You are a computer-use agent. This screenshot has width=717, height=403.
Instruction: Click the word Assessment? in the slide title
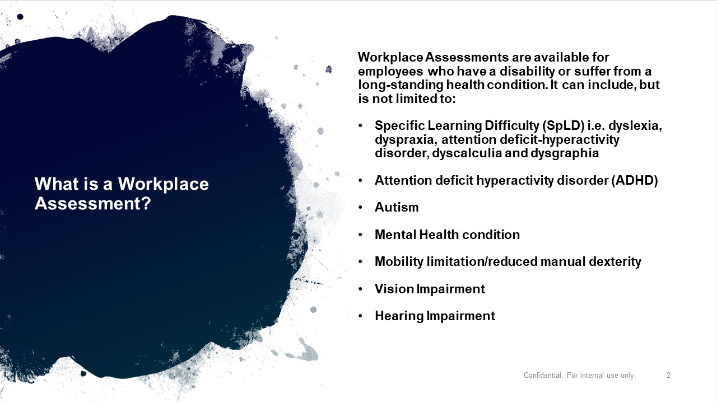pyautogui.click(x=92, y=203)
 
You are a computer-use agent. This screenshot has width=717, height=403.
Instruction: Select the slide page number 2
pyautogui.click(x=668, y=375)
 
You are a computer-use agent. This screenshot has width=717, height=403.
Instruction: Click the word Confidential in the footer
pyautogui.click(x=543, y=375)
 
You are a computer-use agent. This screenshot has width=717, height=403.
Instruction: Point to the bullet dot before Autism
pyautogui.click(x=360, y=208)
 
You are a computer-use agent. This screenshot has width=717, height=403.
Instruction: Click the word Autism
pyautogui.click(x=397, y=207)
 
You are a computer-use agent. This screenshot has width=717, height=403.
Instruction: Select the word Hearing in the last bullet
pyautogui.click(x=399, y=316)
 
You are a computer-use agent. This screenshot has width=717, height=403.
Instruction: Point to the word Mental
pyautogui.click(x=395, y=235)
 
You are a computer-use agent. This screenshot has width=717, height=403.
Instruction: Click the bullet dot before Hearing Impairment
pyautogui.click(x=360, y=316)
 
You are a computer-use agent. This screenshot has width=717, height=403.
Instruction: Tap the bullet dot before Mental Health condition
pyautogui.click(x=360, y=235)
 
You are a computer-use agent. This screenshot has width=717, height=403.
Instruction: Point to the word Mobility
pyautogui.click(x=399, y=261)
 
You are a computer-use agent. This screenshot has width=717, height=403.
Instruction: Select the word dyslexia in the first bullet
pyautogui.click(x=635, y=126)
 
